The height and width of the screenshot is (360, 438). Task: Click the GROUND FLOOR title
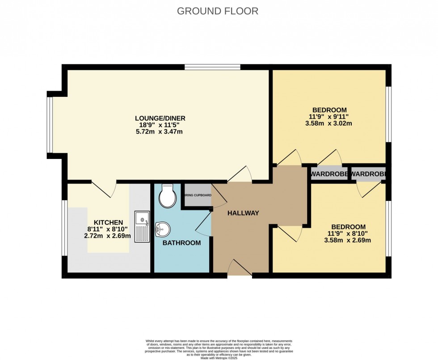[218, 11]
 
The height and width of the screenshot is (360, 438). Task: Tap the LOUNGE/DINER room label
[160, 118]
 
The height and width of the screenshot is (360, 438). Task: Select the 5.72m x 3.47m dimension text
[160, 132]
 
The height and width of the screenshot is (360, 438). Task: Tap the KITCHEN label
[108, 222]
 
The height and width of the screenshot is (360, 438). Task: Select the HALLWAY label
[243, 213]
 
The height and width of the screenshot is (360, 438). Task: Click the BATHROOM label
[181, 243]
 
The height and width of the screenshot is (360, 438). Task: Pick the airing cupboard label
[197, 195]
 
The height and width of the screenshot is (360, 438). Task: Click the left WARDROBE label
[329, 174]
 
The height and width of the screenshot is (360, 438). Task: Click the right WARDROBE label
[368, 174]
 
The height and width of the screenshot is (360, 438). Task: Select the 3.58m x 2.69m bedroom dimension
[348, 240]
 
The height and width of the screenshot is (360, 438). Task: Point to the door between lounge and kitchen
[104, 188]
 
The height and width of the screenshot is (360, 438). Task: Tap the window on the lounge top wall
[212, 67]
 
